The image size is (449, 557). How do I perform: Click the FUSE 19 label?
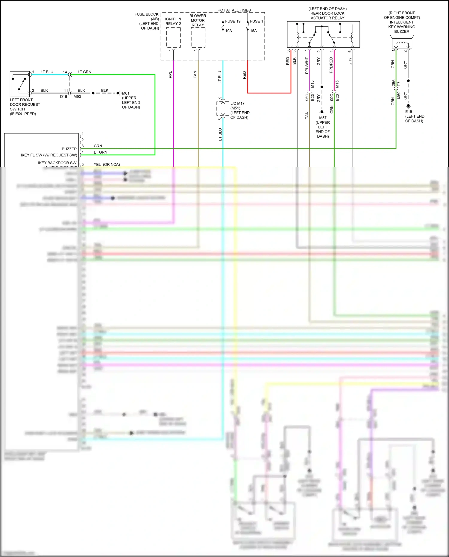tap(233, 21)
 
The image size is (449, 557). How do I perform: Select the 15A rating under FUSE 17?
tap(253, 31)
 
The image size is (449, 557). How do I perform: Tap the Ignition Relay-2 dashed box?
tap(173, 37)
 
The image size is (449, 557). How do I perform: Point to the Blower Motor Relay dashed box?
tap(198, 37)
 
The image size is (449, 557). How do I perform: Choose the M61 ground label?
tap(126, 93)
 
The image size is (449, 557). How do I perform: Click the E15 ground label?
tap(409, 112)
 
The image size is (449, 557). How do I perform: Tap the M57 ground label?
tap(323, 118)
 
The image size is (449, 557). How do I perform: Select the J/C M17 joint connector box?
tap(223, 108)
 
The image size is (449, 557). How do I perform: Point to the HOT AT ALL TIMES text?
tap(234, 10)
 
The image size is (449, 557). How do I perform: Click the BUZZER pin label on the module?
tap(69, 149)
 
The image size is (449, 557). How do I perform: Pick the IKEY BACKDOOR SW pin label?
tap(57, 163)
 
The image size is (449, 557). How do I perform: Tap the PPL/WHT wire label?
tap(307, 66)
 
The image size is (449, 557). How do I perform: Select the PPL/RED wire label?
tap(331, 65)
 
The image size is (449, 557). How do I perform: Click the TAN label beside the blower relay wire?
tap(195, 75)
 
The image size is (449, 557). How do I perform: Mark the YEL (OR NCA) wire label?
tap(107, 164)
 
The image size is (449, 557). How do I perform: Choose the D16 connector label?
tap(63, 97)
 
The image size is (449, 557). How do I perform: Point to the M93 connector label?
tap(77, 97)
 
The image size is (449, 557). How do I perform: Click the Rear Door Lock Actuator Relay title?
tap(327, 13)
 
